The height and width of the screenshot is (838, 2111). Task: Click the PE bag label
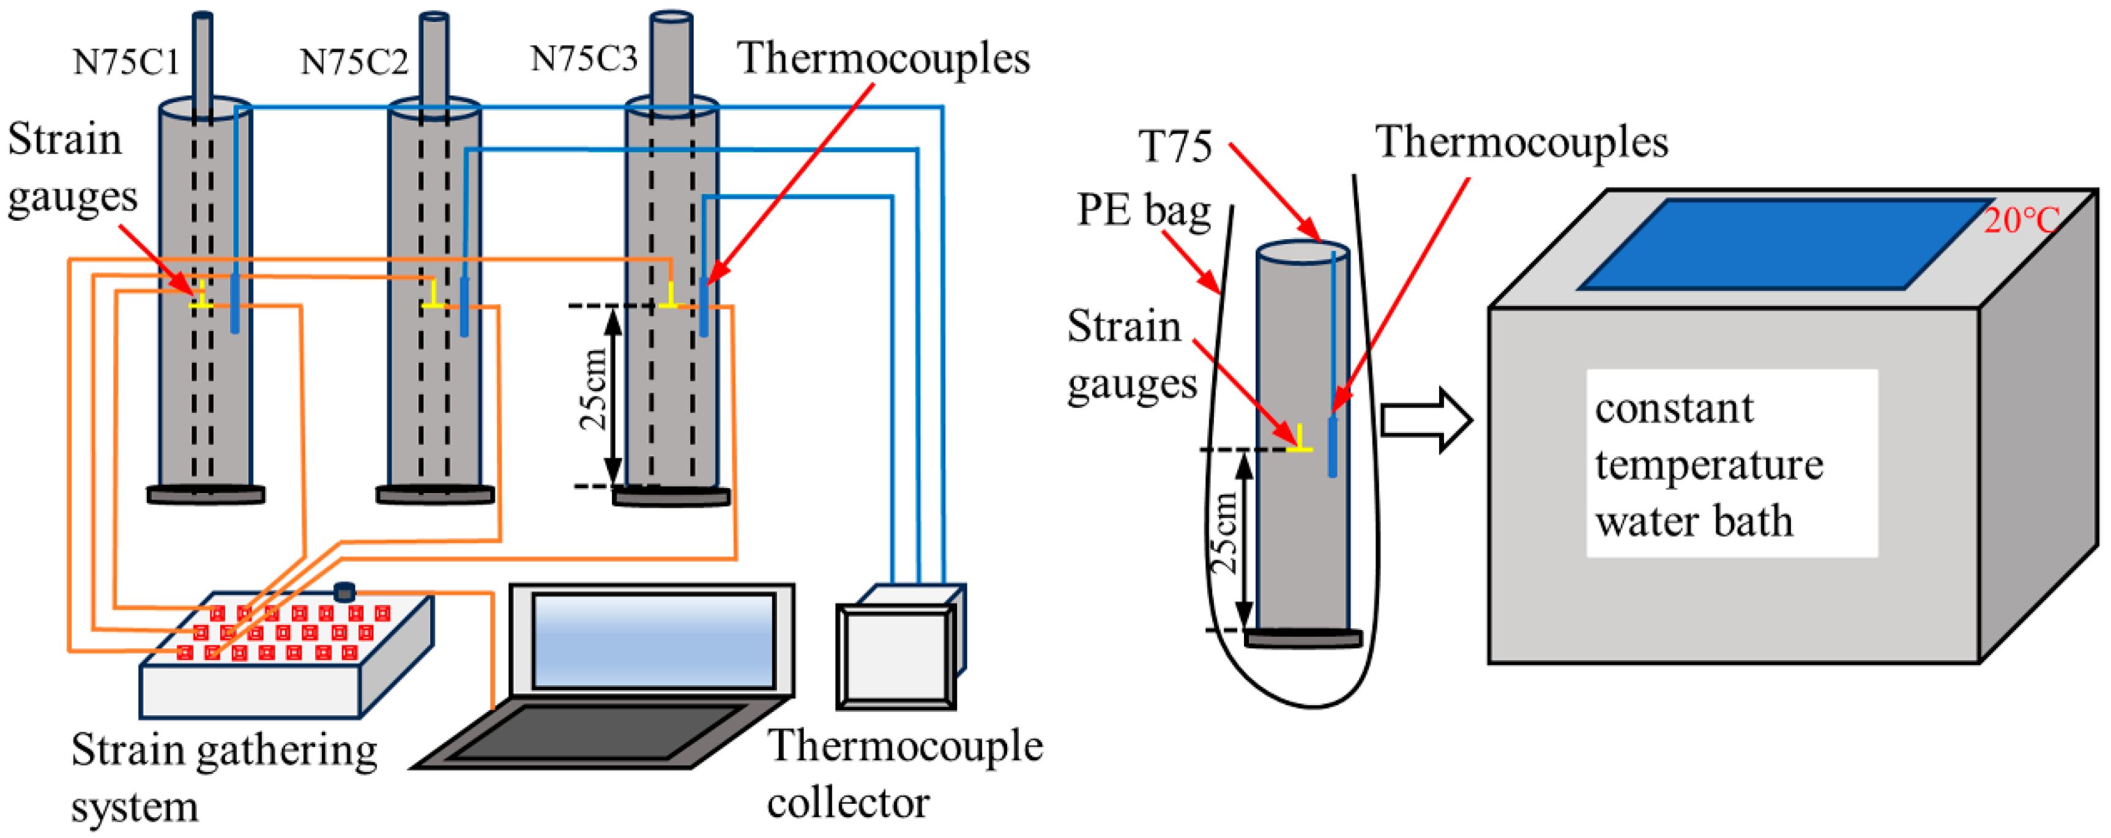1143,212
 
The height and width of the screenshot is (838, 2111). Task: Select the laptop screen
653,640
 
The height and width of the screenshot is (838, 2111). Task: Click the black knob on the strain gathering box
344,591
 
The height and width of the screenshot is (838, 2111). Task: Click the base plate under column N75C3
671,497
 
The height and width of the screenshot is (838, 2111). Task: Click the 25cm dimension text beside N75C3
594,390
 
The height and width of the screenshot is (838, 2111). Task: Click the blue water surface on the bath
1787,244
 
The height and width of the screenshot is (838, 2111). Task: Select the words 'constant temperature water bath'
1708,464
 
